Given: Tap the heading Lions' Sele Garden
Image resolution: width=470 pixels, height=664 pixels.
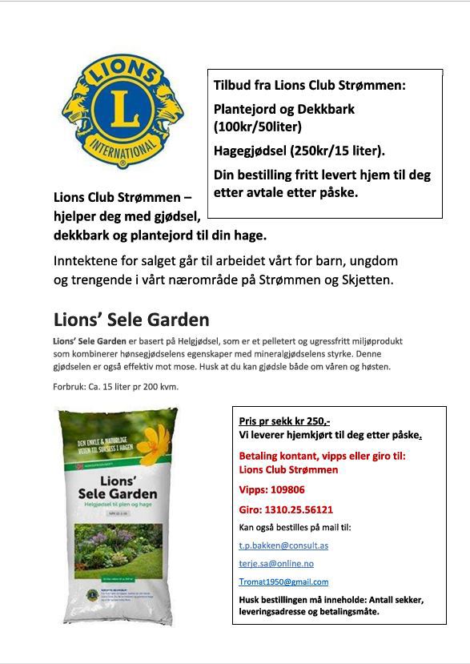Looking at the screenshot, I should pos(131,320).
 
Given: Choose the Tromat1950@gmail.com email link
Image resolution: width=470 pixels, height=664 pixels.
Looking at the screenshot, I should pos(283,582).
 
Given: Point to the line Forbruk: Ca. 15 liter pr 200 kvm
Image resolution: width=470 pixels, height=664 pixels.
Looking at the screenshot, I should pos(115,387).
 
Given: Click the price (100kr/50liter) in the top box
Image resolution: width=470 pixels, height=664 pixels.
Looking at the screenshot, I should pos(258,127).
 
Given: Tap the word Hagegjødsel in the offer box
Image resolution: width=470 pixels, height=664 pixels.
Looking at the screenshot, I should pos(245,151).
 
